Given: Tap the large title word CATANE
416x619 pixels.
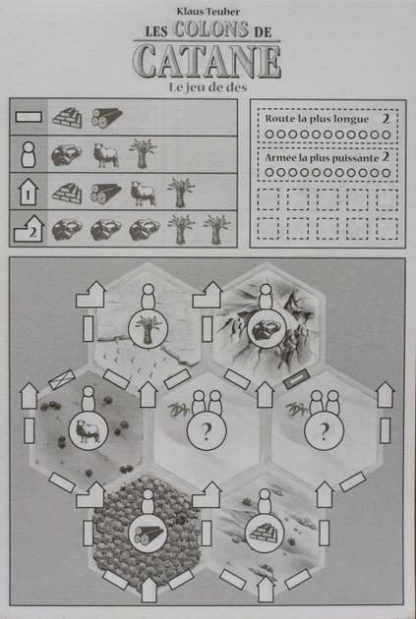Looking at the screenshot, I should click(207, 62).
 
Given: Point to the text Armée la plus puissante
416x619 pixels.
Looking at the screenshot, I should click(317, 156).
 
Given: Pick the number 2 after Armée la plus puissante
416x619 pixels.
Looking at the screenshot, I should click(386, 156).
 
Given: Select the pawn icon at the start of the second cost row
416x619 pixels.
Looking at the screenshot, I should click(29, 154).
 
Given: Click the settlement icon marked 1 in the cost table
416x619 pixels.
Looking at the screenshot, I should click(29, 192).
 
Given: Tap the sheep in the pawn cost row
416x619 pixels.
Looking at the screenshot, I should click(104, 154).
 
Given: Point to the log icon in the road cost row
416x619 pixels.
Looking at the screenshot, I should click(105, 118).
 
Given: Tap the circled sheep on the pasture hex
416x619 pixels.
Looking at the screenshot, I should click(86, 430).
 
